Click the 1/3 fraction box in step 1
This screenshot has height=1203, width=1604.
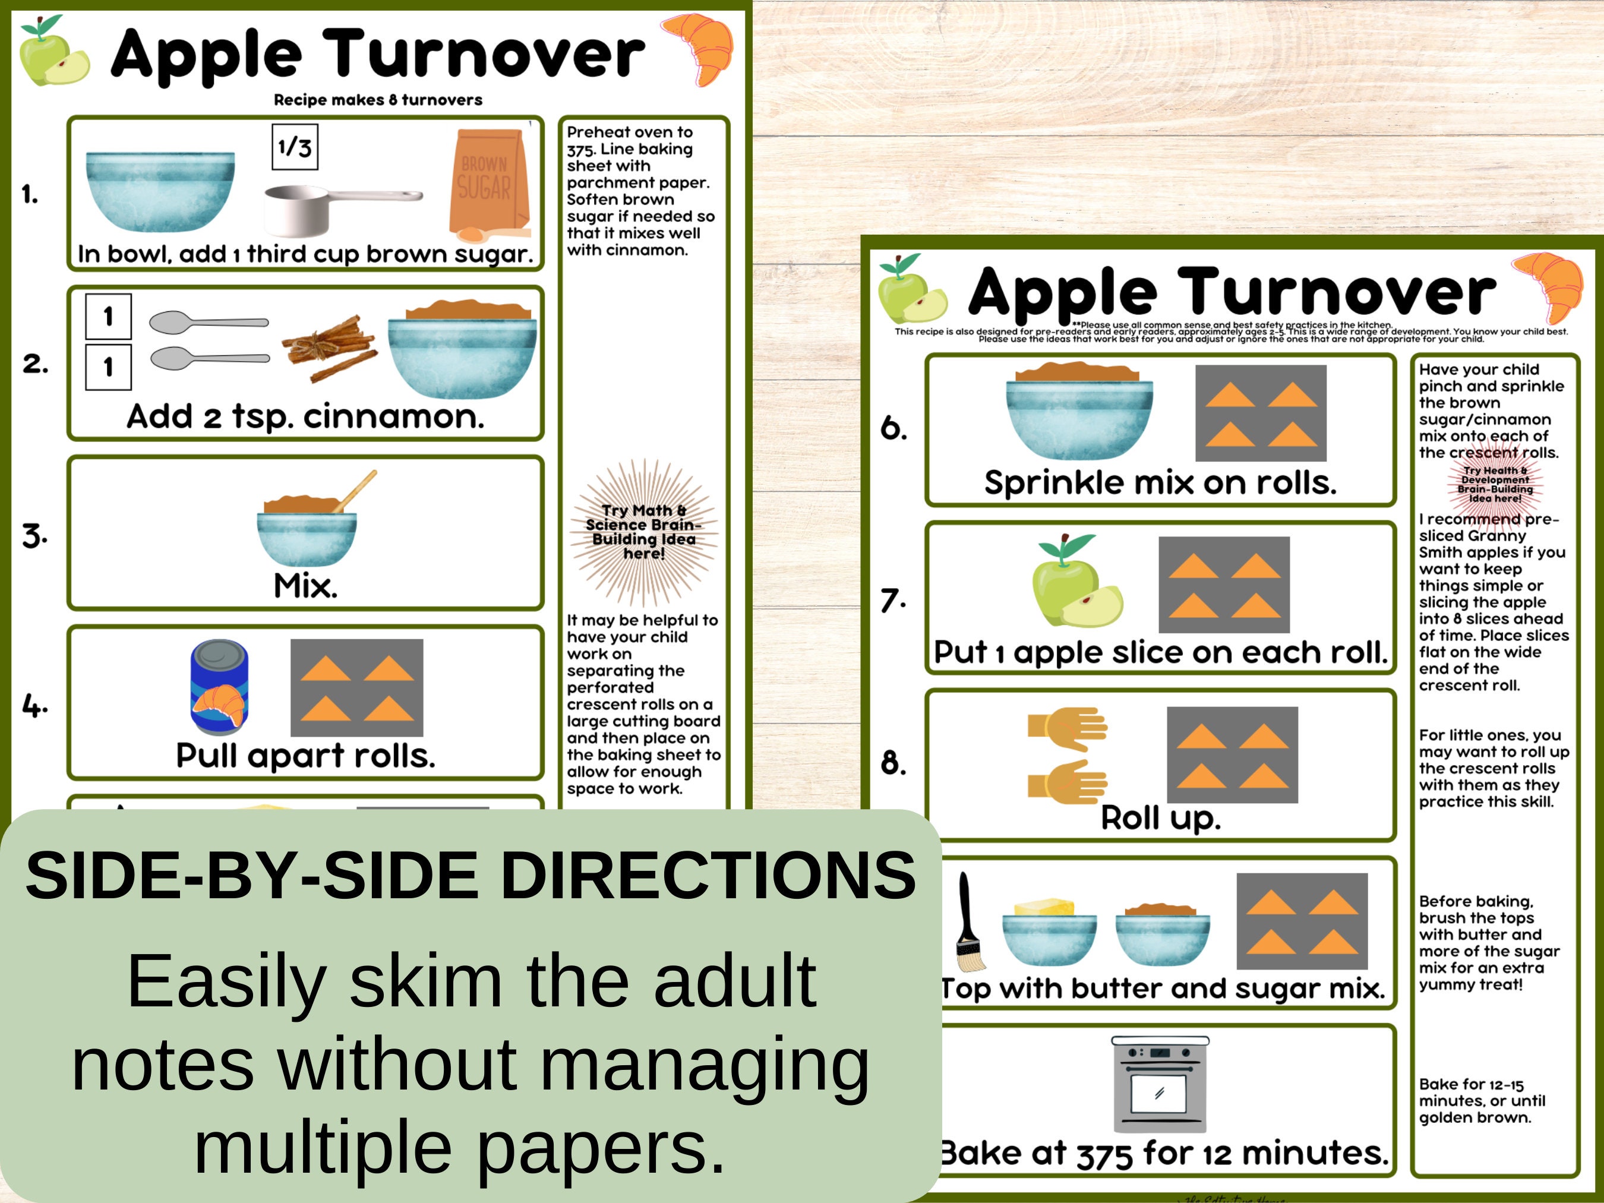click(295, 147)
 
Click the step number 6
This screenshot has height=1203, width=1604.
click(893, 428)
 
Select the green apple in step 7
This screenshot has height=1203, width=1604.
click(1065, 585)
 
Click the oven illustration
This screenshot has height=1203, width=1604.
click(1160, 1084)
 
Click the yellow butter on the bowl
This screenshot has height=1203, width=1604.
click(1045, 907)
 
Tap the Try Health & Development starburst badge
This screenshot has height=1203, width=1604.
click(1495, 484)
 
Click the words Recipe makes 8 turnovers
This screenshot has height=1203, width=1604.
click(378, 100)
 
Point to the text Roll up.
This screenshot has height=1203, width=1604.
click(1160, 818)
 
